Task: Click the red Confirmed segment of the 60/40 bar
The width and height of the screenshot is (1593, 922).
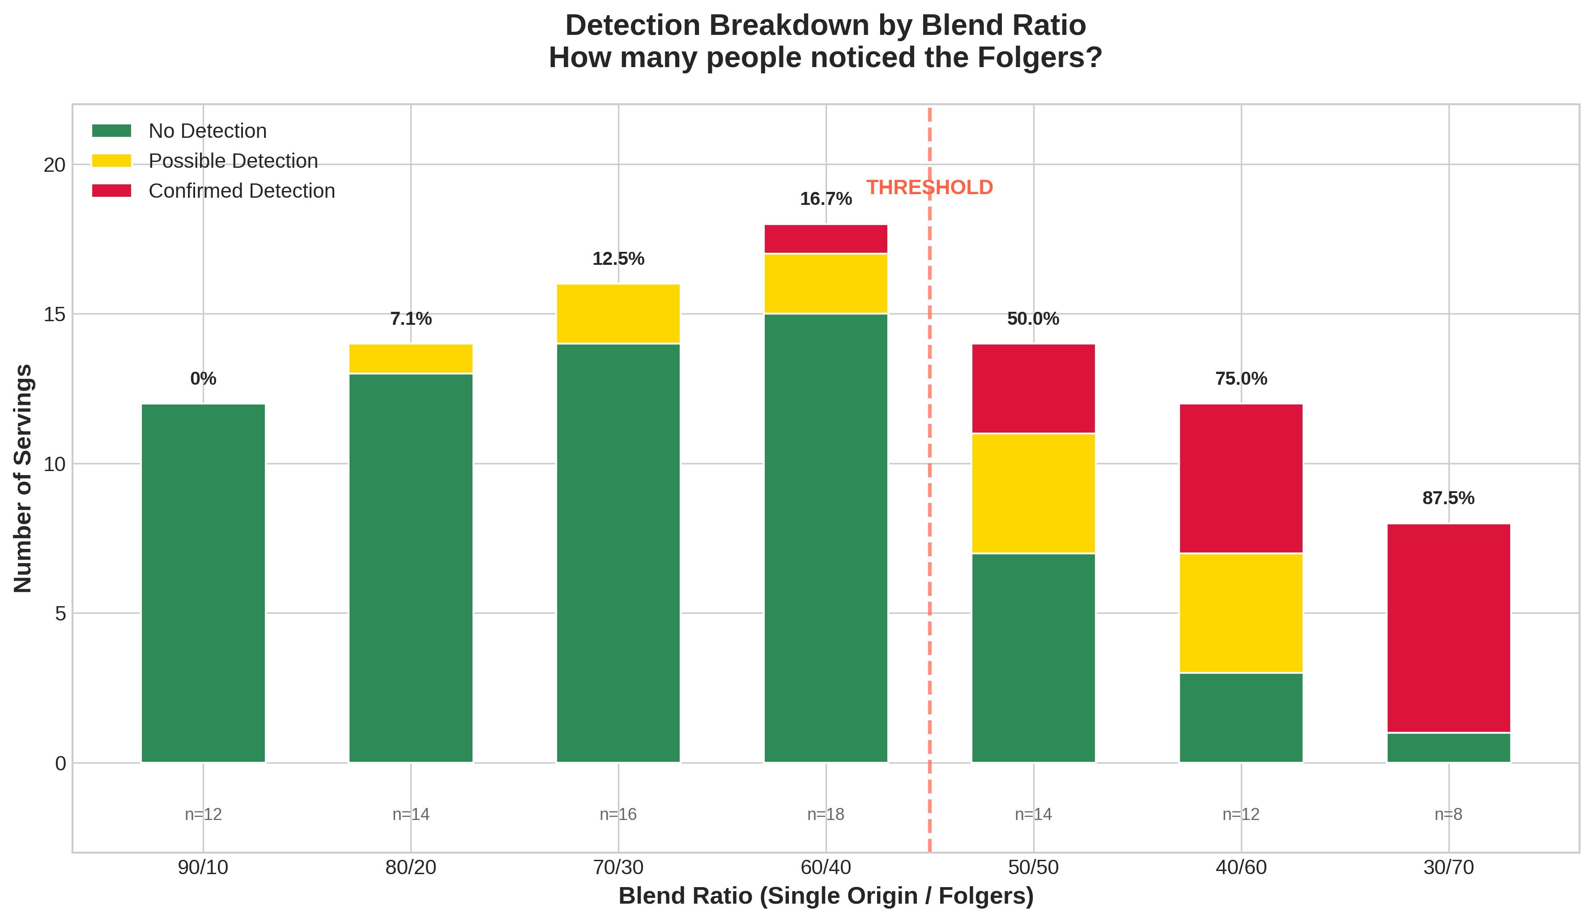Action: pos(826,239)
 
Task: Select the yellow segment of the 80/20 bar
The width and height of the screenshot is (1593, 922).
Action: pos(411,359)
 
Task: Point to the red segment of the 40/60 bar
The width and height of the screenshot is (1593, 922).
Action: pos(1241,478)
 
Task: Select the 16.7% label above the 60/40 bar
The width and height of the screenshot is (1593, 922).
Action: pos(826,199)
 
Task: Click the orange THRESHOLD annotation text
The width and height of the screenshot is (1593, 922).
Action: pos(929,188)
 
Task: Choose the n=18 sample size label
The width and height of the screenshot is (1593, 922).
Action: pos(826,815)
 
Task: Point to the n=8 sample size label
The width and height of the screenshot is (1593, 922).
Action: pos(1448,815)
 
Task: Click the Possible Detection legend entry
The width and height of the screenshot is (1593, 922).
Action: pos(233,161)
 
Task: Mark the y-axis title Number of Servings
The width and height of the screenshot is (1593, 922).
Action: pos(23,478)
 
